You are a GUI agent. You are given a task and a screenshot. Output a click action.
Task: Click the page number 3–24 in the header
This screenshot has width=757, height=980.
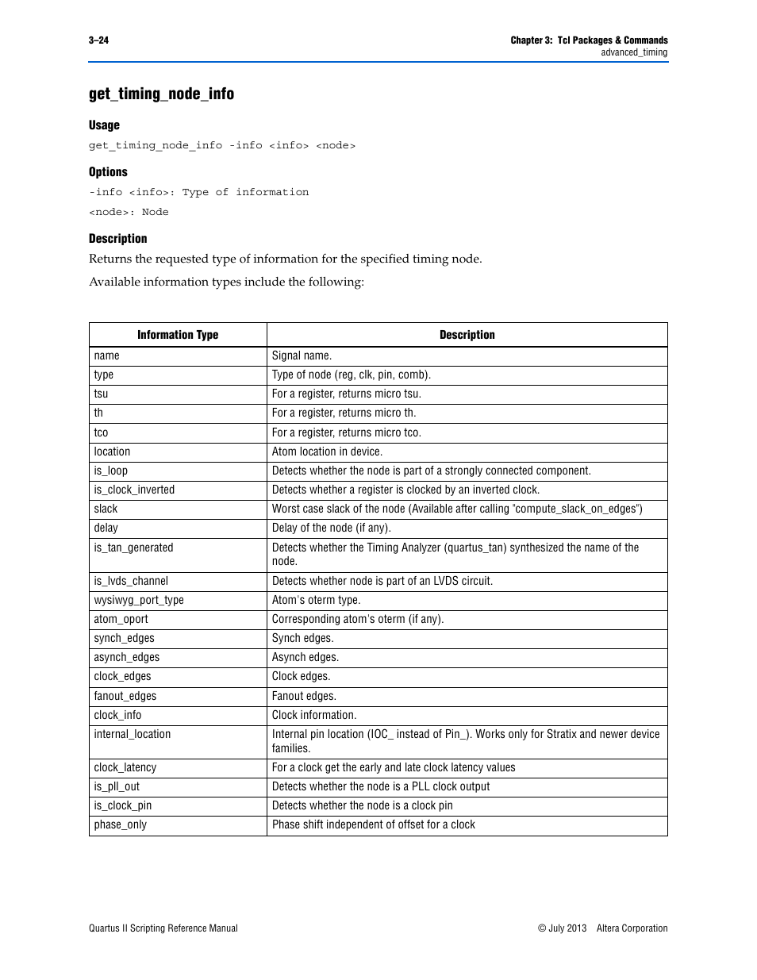pyautogui.click(x=99, y=40)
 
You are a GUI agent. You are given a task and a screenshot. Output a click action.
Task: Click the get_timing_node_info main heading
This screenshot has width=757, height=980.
pyautogui.click(x=161, y=94)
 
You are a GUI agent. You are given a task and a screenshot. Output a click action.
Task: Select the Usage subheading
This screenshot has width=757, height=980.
pyautogui.click(x=104, y=125)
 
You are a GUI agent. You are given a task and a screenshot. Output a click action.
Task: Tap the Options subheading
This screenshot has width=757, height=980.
pyautogui.click(x=108, y=172)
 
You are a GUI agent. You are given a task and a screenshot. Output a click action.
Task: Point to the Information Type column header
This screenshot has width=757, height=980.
pyautogui.click(x=178, y=335)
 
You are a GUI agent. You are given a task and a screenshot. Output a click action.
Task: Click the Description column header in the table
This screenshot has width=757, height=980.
pyautogui.click(x=467, y=335)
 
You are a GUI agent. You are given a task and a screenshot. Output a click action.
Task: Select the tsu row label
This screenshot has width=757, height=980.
pyautogui.click(x=101, y=394)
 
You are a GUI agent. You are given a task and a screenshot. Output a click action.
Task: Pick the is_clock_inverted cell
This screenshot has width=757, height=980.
pyautogui.click(x=134, y=490)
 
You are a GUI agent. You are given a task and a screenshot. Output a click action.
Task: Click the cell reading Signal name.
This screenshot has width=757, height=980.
pyautogui.click(x=302, y=356)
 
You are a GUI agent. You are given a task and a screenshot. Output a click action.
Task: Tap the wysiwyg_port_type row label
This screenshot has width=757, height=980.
pyautogui.click(x=139, y=601)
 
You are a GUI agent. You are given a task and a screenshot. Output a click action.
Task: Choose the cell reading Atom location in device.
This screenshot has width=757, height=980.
pyautogui.click(x=327, y=452)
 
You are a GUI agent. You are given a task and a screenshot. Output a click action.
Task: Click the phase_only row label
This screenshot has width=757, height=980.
pyautogui.click(x=121, y=825)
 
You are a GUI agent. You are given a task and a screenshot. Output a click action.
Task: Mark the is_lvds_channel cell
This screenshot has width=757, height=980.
pyautogui.click(x=131, y=582)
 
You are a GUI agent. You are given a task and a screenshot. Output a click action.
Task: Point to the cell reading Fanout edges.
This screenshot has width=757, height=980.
pyautogui.click(x=304, y=697)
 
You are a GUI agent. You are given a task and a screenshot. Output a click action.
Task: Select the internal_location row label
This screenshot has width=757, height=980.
pyautogui.click(x=133, y=735)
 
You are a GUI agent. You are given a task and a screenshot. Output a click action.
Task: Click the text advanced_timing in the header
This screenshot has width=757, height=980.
pyautogui.click(x=634, y=53)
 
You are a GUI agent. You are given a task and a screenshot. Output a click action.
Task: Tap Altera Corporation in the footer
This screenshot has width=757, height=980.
pyautogui.click(x=632, y=928)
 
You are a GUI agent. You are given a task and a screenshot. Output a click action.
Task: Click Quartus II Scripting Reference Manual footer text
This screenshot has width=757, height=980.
pyautogui.click(x=163, y=928)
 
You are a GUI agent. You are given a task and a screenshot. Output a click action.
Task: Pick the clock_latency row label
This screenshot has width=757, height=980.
pyautogui.click(x=125, y=768)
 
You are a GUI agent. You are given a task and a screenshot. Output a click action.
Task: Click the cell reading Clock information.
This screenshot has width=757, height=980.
pyautogui.click(x=314, y=716)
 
